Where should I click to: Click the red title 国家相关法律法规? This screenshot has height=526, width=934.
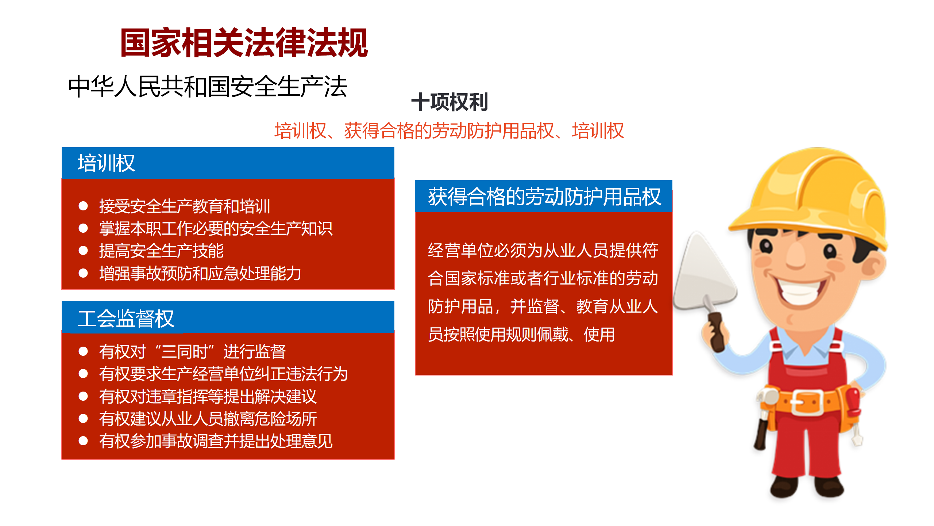[x=244, y=43]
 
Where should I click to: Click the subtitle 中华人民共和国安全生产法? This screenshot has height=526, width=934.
[x=207, y=87]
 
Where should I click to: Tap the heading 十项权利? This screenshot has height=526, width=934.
[x=449, y=102]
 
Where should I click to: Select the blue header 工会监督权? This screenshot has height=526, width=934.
[x=126, y=319]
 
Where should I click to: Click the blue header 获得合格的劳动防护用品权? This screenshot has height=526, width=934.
[x=544, y=197]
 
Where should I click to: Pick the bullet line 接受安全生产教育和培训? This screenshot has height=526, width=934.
[x=185, y=206]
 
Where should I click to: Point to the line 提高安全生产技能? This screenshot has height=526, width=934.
[x=161, y=251]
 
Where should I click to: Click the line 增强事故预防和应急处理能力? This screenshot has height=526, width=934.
[x=200, y=273]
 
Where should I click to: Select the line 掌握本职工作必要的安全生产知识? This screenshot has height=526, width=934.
[x=216, y=229]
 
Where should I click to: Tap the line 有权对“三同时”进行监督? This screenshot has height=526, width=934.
[x=192, y=351]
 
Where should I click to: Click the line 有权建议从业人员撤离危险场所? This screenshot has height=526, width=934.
[x=208, y=419]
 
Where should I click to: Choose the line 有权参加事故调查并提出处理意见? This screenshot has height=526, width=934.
[x=216, y=441]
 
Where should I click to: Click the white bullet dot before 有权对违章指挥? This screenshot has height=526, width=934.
[x=83, y=396]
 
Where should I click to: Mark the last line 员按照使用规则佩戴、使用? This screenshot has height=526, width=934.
[x=521, y=334]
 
